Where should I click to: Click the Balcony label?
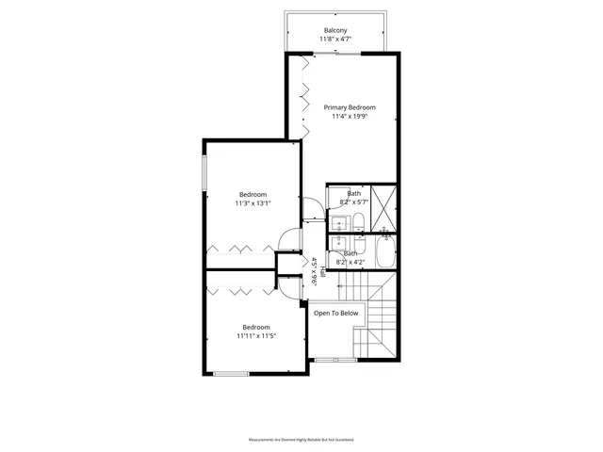tap(335, 29)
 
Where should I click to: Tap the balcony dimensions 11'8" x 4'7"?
tap(335, 40)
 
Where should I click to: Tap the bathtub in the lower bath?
tap(386, 254)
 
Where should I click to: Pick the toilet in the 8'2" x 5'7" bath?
tap(359, 222)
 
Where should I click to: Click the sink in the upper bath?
tap(336, 224)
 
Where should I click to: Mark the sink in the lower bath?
tap(336, 242)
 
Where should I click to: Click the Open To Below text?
tap(335, 313)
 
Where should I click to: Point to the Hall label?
tap(322, 272)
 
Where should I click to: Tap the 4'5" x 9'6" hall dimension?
tap(313, 272)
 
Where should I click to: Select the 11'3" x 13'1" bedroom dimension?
tap(253, 203)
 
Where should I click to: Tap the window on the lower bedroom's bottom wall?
tap(231, 374)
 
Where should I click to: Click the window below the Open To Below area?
tap(334, 360)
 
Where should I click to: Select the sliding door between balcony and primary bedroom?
tap(335, 54)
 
